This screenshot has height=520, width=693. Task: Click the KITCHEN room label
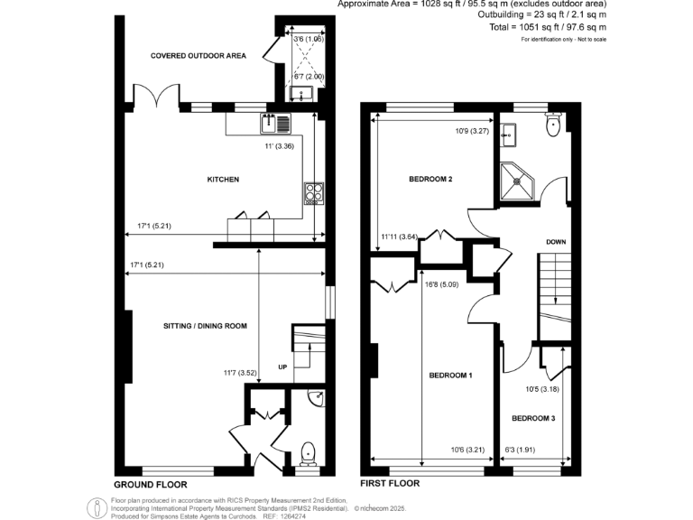click(x=223, y=180)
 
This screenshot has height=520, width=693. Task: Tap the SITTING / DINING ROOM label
click(x=205, y=326)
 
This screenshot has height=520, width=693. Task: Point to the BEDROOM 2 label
click(x=430, y=180)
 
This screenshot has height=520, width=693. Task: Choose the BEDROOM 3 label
click(x=531, y=418)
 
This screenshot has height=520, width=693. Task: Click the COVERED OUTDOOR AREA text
click(x=199, y=56)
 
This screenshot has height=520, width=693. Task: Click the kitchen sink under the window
click(x=274, y=123)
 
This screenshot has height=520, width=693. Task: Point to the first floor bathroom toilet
click(x=554, y=125)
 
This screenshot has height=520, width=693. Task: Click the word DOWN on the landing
click(x=556, y=242)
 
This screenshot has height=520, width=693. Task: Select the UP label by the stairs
click(x=282, y=367)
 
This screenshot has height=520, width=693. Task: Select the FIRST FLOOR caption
click(x=390, y=483)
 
